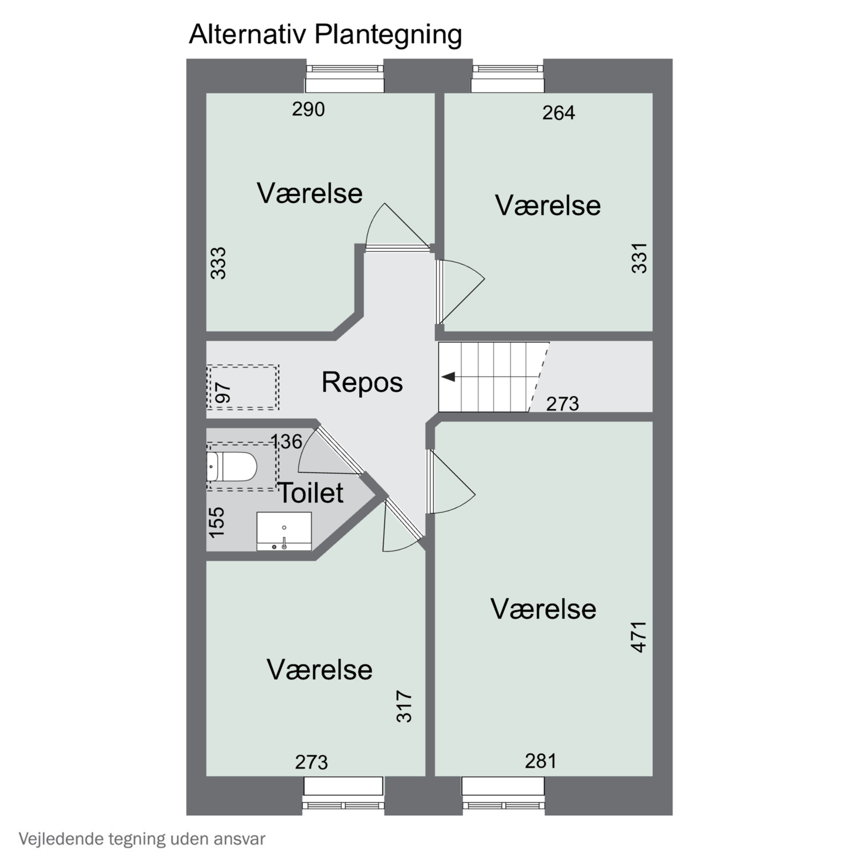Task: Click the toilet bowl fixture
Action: tap(232, 467)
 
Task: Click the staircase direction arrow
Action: tap(449, 377)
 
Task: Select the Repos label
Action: tap(362, 382)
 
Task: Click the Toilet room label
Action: tap(310, 492)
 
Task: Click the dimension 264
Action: tap(558, 113)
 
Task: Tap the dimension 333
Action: tap(218, 263)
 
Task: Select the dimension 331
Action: tap(639, 258)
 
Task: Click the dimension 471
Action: tap(639, 637)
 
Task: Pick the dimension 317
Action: tap(404, 706)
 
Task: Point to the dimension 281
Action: tap(541, 761)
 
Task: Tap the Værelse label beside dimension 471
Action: tap(543, 609)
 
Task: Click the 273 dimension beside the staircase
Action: tap(562, 404)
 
